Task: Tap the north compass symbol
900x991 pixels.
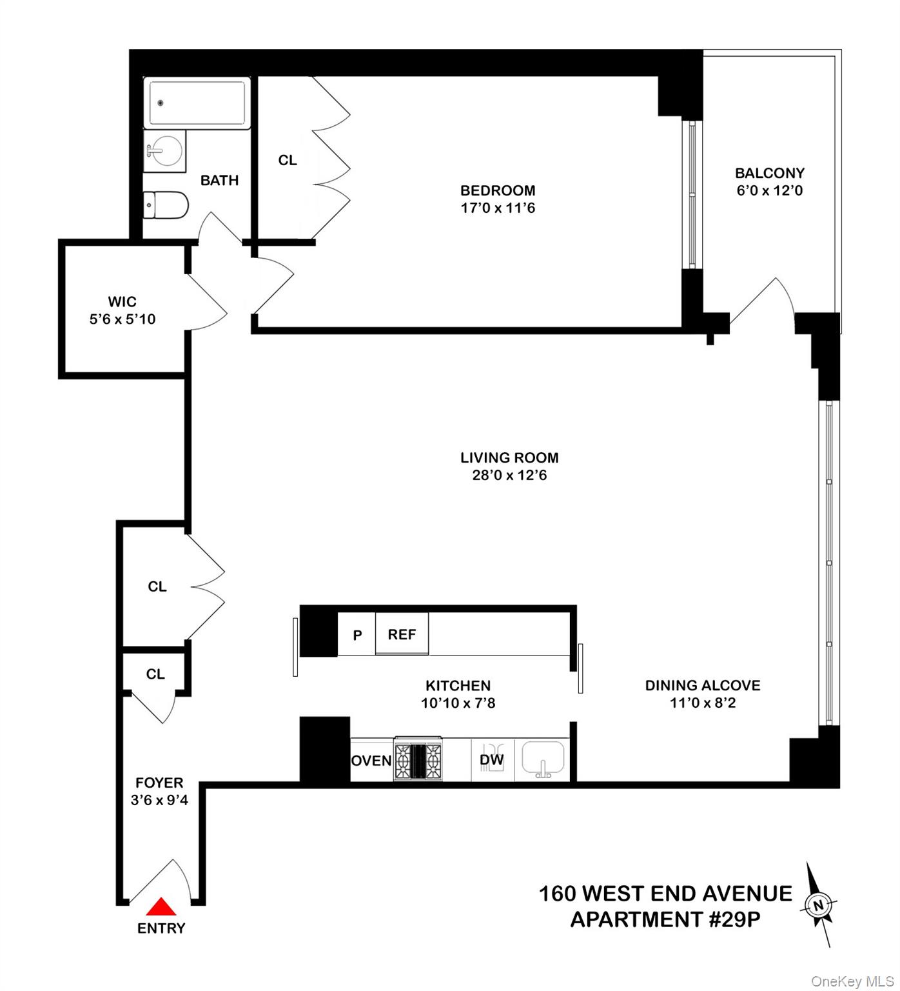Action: (x=818, y=905)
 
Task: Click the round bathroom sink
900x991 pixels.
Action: (x=166, y=152)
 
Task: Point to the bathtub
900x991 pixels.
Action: (x=197, y=103)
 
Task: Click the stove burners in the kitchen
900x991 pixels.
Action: (x=418, y=759)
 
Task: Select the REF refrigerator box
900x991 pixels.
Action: (x=402, y=634)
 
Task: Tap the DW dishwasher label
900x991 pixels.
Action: (x=491, y=760)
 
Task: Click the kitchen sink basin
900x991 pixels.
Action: (x=543, y=757)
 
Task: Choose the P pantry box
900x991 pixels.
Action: (x=357, y=635)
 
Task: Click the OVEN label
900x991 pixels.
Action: (x=371, y=761)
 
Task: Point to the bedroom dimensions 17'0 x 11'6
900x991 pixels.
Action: (x=498, y=208)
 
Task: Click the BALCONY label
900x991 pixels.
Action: (x=770, y=173)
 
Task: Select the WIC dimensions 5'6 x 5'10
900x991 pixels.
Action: (x=122, y=319)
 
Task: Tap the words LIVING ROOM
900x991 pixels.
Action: (x=509, y=457)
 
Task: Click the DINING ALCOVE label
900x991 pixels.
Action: (x=703, y=685)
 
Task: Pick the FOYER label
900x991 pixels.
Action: (x=159, y=783)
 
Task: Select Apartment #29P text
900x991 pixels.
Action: (x=665, y=919)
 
